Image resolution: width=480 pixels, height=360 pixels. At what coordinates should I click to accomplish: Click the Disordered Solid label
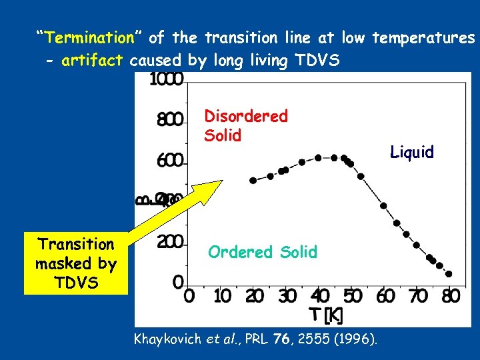[x=245, y=125]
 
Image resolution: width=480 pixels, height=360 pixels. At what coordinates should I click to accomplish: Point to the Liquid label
[x=412, y=153]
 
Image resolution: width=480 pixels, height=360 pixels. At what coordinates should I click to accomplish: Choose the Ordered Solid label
[x=263, y=252]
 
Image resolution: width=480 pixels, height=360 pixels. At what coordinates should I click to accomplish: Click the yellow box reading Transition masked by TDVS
[x=75, y=263]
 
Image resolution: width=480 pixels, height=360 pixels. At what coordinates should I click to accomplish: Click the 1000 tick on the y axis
[x=167, y=79]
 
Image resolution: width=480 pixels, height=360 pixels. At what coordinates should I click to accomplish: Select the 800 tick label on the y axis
[x=170, y=120]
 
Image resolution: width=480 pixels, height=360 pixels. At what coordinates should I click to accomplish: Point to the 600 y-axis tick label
[x=170, y=161]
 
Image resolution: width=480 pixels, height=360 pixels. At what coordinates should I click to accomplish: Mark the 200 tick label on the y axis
[x=170, y=242]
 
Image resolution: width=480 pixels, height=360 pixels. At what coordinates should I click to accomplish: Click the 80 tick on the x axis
[x=451, y=295]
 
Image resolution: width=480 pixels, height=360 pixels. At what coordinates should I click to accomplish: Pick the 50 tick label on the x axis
[x=352, y=295]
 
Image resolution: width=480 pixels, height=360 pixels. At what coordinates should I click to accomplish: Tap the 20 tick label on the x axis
[x=254, y=295]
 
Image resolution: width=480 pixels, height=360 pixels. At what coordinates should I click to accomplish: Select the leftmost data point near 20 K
[x=253, y=181]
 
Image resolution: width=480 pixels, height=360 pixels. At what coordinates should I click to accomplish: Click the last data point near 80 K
[x=449, y=274]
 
